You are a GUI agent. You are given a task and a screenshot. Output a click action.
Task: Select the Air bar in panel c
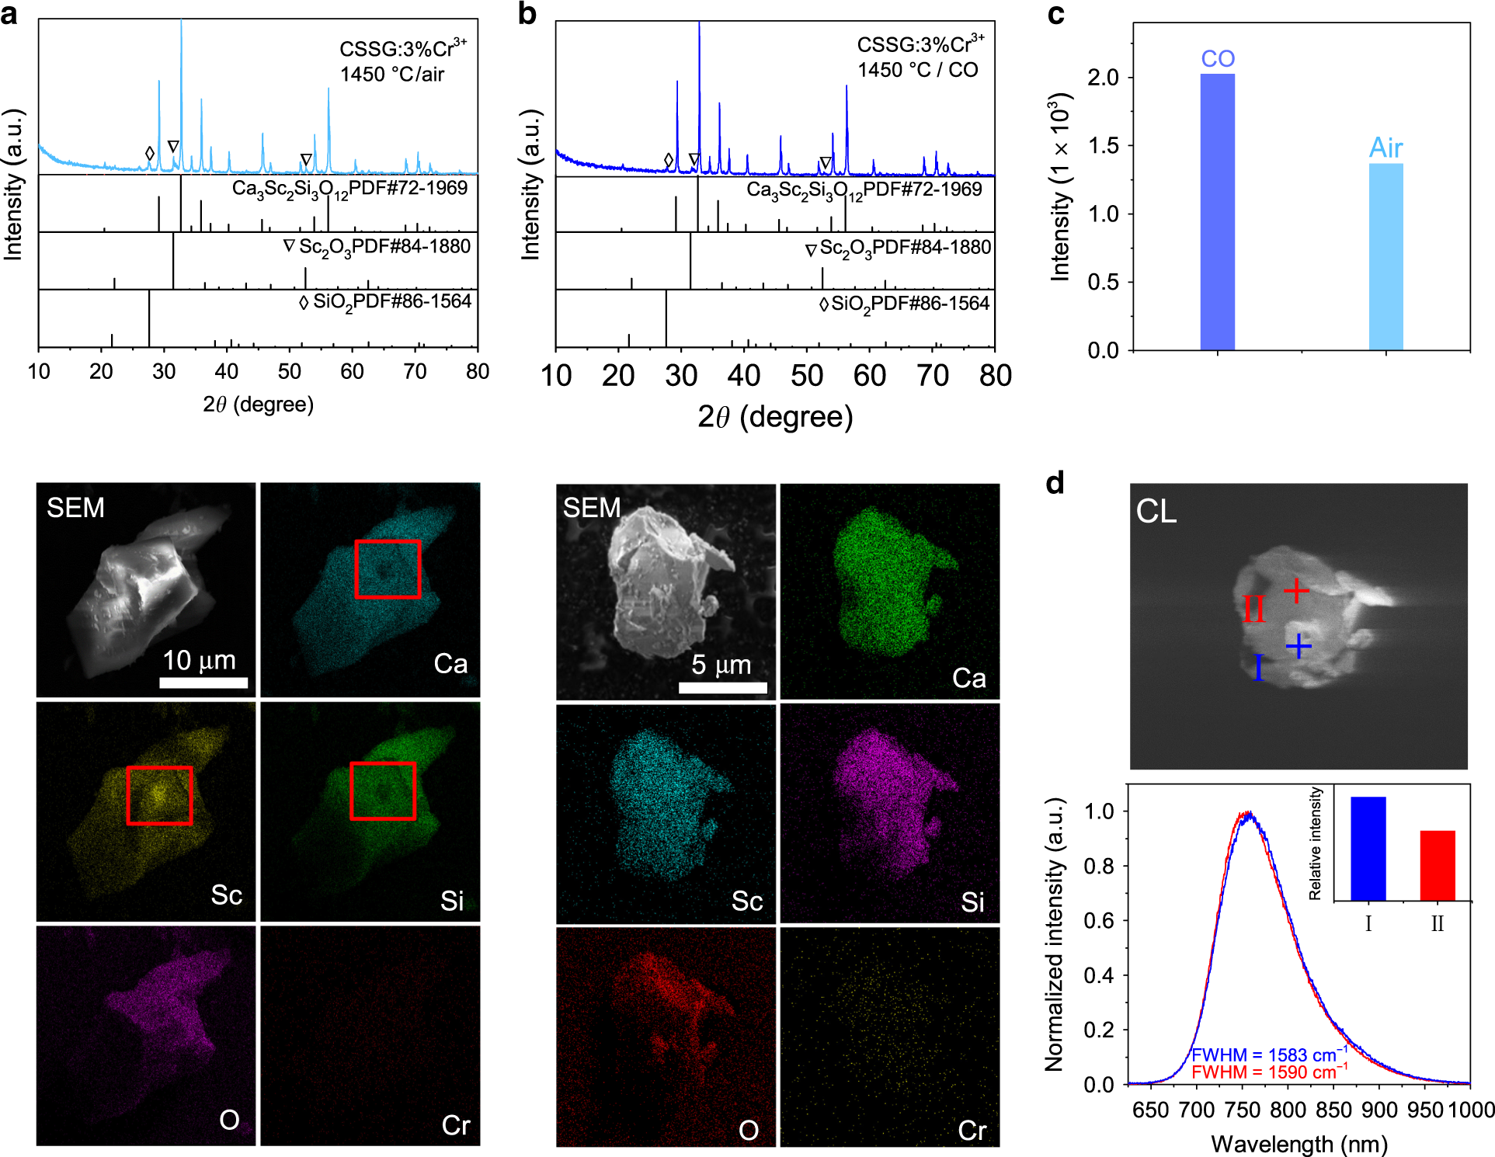tap(1385, 256)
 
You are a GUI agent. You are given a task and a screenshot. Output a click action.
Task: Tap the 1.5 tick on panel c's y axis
tap(1103, 145)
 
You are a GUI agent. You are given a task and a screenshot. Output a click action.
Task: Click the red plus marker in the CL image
tap(1295, 592)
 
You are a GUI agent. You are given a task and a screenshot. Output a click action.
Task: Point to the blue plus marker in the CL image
tap(1298, 645)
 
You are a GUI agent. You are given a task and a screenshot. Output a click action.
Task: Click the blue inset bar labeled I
tap(1368, 848)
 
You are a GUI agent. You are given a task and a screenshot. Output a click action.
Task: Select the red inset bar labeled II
tap(1437, 865)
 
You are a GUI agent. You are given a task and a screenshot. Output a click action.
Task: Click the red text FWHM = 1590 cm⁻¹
tap(1269, 1072)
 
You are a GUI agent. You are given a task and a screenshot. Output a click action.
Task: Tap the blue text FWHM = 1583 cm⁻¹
tap(1269, 1055)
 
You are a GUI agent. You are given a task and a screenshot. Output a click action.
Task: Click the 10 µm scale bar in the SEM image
tap(203, 683)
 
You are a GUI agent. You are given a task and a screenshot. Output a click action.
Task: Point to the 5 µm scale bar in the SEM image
tap(722, 687)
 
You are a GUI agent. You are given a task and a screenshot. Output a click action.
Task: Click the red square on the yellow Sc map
tap(159, 795)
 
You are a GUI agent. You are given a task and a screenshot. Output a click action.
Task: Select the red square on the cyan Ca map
tap(388, 568)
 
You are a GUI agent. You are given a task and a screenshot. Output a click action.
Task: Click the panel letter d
tap(1055, 483)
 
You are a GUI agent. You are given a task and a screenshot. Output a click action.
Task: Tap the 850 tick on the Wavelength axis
tap(1333, 1110)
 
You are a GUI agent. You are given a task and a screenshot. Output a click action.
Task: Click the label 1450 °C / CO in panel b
tap(917, 70)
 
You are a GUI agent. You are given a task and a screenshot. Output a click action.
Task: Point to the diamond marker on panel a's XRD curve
tap(150, 154)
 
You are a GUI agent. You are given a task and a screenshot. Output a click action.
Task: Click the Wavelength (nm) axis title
tap(1299, 1144)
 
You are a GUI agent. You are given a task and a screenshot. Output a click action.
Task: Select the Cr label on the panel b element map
tap(972, 1130)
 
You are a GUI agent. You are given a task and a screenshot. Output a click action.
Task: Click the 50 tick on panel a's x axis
tap(289, 371)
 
